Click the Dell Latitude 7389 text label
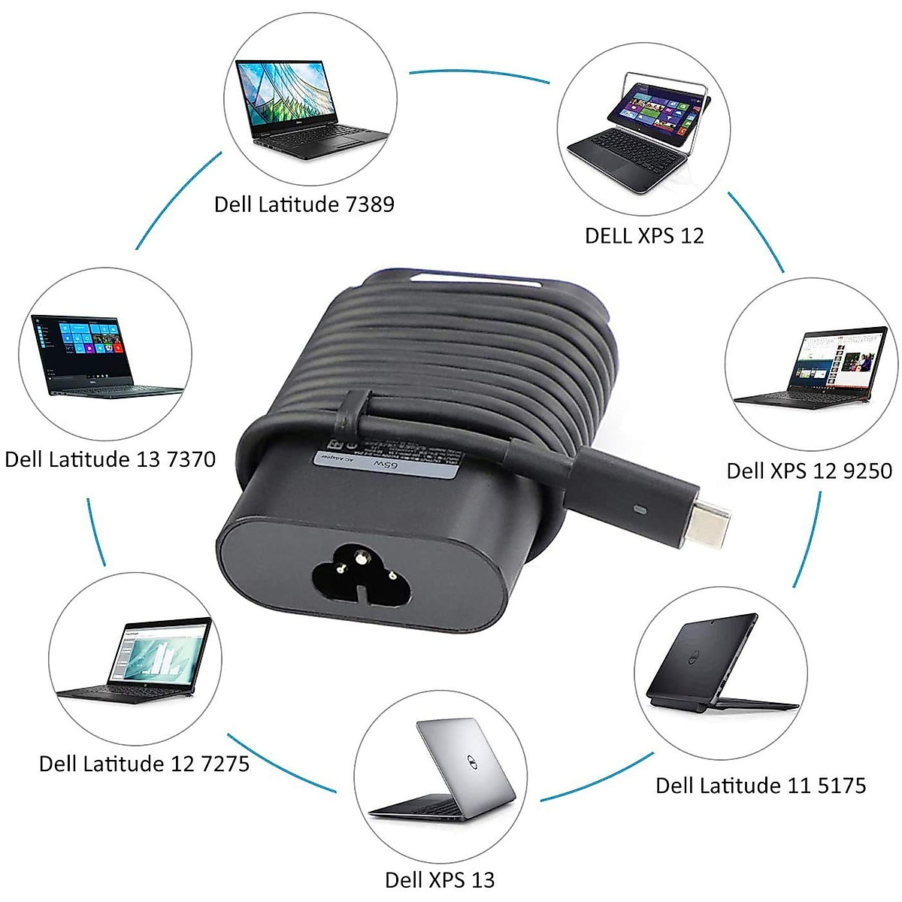[304, 204]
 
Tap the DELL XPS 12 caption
[644, 236]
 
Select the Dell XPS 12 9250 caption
[809, 471]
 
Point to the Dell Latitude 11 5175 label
[760, 786]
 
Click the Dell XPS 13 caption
[440, 880]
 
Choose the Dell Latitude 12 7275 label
[144, 764]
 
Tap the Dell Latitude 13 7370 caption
[110, 459]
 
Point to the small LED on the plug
[640, 510]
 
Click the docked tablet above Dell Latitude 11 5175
[718, 661]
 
